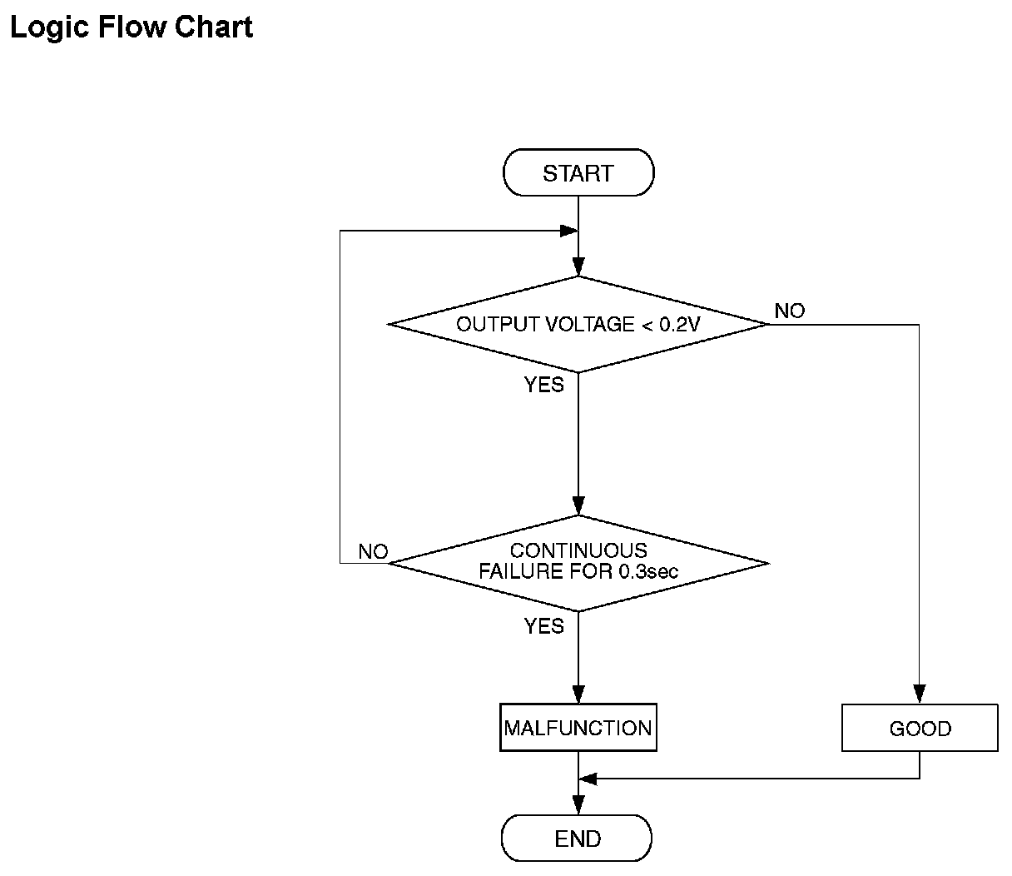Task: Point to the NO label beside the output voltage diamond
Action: (790, 311)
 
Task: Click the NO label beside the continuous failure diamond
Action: (373, 552)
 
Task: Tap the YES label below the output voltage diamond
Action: (544, 385)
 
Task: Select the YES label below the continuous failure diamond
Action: (544, 626)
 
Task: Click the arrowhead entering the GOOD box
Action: (920, 694)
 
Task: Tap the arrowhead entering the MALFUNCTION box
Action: (578, 694)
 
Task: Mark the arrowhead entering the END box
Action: (578, 804)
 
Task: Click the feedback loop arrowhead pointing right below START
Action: (569, 231)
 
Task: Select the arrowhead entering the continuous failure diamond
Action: (578, 505)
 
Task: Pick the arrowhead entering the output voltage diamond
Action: (578, 266)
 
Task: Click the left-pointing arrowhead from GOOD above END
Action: (588, 779)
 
